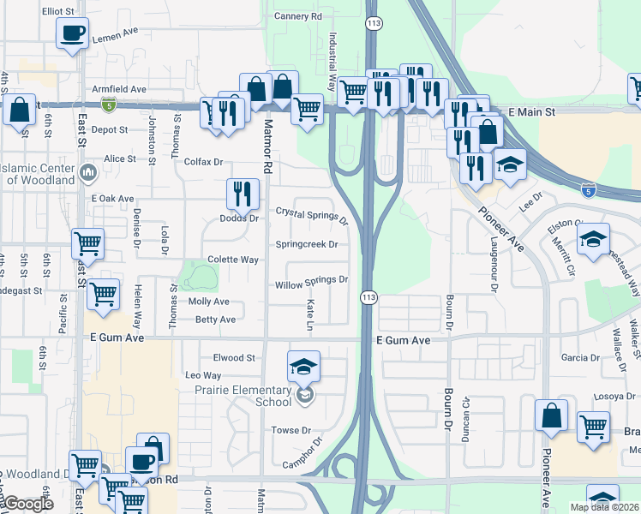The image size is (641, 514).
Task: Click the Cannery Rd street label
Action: click(x=297, y=16)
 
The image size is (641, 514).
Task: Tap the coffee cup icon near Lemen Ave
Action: click(x=72, y=33)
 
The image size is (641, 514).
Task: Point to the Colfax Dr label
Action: click(x=203, y=162)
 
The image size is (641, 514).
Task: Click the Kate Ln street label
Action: click(x=309, y=316)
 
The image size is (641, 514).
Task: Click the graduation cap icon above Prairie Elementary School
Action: click(x=303, y=366)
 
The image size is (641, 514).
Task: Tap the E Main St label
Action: click(x=531, y=112)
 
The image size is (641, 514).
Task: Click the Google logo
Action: click(x=27, y=504)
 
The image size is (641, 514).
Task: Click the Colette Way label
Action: click(x=233, y=260)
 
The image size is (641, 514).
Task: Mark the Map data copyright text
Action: click(x=604, y=507)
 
